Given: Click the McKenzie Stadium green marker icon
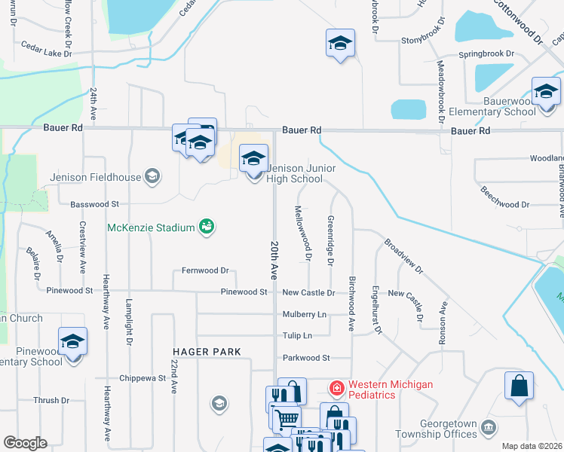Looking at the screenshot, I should pyautogui.click(x=206, y=226).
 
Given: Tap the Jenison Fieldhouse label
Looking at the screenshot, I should pyautogui.click(x=95, y=178).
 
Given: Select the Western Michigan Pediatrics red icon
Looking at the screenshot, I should pyautogui.click(x=336, y=389).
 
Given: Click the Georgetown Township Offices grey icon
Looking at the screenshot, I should pyautogui.click(x=489, y=428).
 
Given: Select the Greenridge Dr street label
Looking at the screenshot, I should pyautogui.click(x=330, y=240).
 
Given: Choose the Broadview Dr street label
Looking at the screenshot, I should pyautogui.click(x=403, y=257).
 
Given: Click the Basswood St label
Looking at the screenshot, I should pyautogui.click(x=94, y=204).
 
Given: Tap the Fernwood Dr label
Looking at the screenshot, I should pyautogui.click(x=205, y=270).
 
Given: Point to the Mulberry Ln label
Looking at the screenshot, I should pyautogui.click(x=305, y=314).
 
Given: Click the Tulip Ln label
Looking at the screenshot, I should pyautogui.click(x=296, y=335).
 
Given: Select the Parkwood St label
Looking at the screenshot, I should pyautogui.click(x=306, y=358).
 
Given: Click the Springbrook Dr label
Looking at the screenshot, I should pyautogui.click(x=487, y=55).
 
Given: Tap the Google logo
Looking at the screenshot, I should pyautogui.click(x=25, y=443).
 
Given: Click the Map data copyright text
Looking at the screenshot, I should pyautogui.click(x=532, y=446).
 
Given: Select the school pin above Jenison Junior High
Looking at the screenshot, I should pyautogui.click(x=254, y=159).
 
